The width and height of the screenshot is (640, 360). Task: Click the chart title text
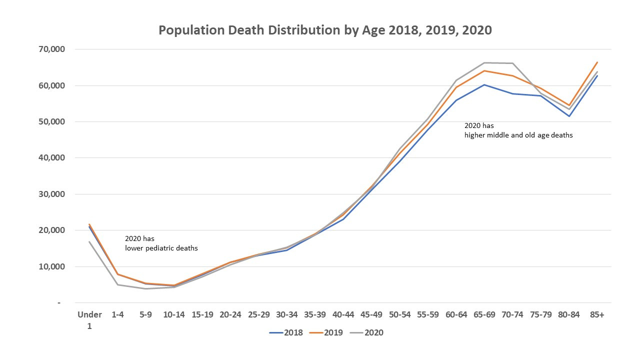pyautogui.click(x=325, y=30)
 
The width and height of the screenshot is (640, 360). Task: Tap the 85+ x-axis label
pyautogui.click(x=597, y=314)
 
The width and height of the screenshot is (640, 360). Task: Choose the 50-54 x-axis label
pyautogui.click(x=399, y=314)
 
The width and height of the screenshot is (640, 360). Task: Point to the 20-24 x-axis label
pyautogui.click(x=230, y=314)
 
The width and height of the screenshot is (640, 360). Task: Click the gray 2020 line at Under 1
pyautogui.click(x=89, y=242)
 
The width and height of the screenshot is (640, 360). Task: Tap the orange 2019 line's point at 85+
pyautogui.click(x=597, y=62)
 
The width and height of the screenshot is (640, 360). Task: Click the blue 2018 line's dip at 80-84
pyautogui.click(x=569, y=116)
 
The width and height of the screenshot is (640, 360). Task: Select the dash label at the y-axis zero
pyautogui.click(x=59, y=303)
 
